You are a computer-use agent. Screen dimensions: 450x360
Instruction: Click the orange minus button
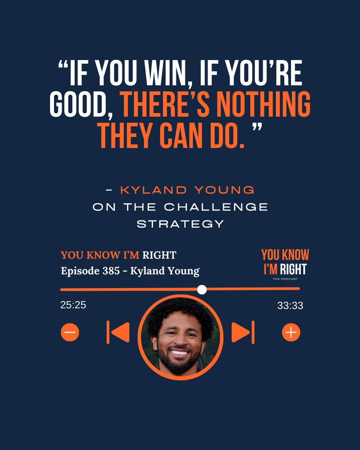click(70, 332)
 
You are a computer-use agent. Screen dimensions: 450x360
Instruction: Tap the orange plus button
click(291, 332)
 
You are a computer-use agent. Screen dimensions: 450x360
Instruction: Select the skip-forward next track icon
click(243, 332)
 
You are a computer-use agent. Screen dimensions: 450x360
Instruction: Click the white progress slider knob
click(202, 289)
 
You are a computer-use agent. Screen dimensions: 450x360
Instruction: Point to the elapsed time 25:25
click(73, 305)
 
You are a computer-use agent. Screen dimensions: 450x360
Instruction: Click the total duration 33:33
click(290, 306)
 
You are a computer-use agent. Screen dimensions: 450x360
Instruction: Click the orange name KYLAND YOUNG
click(187, 190)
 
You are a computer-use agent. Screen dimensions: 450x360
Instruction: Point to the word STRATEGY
click(180, 224)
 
